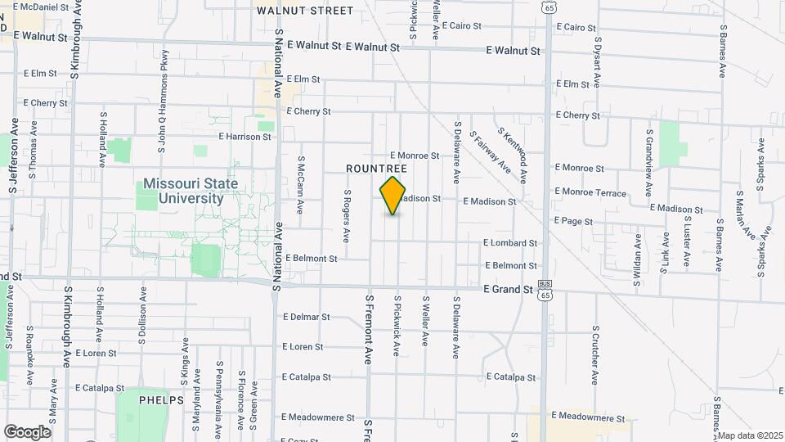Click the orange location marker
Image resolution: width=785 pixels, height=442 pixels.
393,195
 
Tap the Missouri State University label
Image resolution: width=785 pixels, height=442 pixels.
191,191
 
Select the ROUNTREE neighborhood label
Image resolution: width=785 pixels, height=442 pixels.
376,168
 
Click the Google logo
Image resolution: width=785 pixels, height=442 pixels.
27,431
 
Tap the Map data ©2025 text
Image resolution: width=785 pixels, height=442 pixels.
751,435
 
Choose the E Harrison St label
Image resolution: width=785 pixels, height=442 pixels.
244,137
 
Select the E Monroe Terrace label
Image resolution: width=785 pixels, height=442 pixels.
590,193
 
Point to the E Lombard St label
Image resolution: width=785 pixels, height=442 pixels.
510,243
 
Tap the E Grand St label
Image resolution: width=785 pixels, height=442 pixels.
508,289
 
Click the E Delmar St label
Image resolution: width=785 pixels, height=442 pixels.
306,317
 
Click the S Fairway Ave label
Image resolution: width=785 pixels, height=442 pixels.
492,156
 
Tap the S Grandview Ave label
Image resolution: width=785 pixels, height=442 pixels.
648,162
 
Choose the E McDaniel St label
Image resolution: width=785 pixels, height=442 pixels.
41,7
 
